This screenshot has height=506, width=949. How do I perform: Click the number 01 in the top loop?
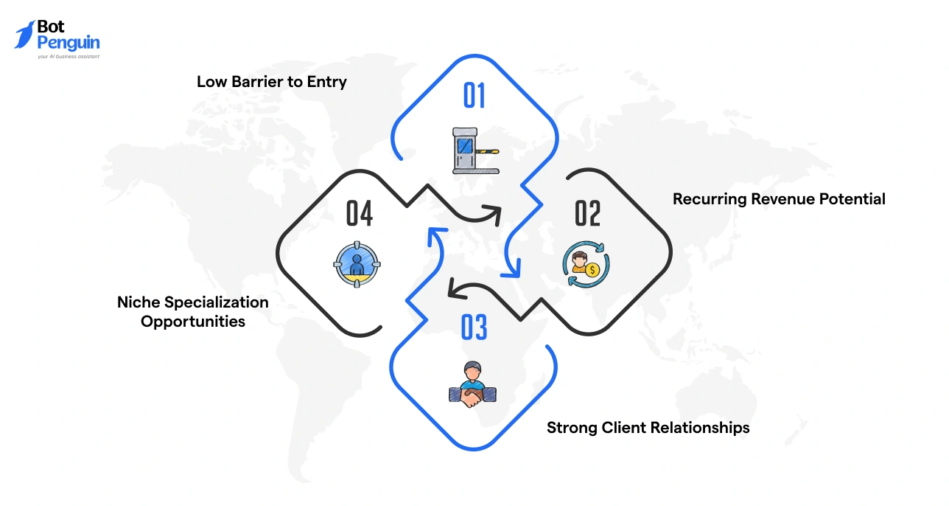pyautogui.click(x=474, y=96)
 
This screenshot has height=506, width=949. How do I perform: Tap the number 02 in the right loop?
pyautogui.click(x=588, y=213)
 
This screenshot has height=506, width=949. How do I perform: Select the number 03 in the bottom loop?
pyautogui.click(x=474, y=328)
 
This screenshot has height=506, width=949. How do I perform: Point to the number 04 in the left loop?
pyautogui.click(x=359, y=213)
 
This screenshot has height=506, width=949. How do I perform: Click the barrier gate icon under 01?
pyautogui.click(x=474, y=151)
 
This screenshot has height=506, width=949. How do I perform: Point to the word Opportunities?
pyautogui.click(x=193, y=322)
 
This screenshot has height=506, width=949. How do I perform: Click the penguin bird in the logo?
pyautogui.click(x=24, y=35)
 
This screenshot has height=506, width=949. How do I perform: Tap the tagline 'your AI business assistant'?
pyautogui.click(x=69, y=56)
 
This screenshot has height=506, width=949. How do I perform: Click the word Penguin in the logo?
pyautogui.click(x=68, y=42)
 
